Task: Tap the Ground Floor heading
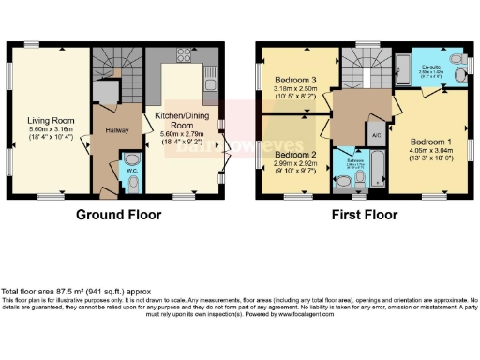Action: click(118, 215)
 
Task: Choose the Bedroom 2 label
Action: click(294, 154)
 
